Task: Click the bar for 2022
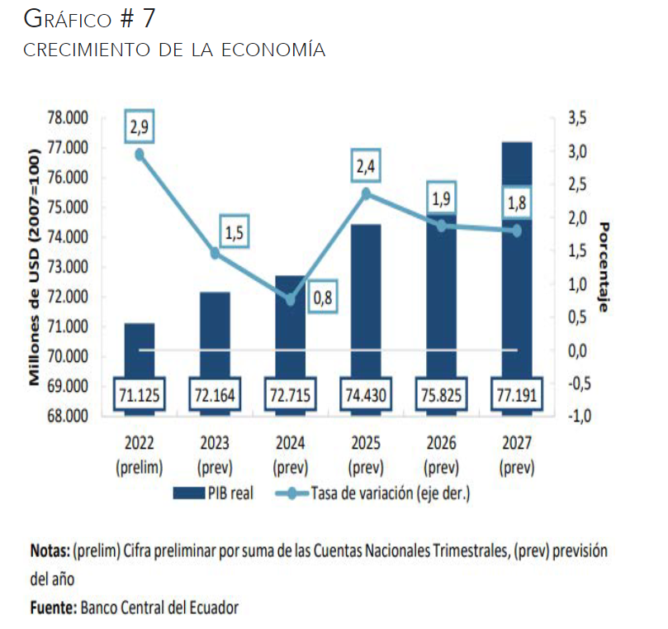[x=139, y=351]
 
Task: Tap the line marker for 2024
[x=291, y=299]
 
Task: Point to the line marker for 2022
[x=140, y=155]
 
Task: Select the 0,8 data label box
[x=323, y=298]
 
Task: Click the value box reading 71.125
[x=139, y=395]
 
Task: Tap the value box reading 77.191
[x=517, y=395]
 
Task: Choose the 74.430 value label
[x=366, y=395]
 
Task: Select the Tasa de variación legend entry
[x=388, y=494]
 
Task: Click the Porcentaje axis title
[x=604, y=267]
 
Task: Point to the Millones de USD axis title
[x=35, y=267]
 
